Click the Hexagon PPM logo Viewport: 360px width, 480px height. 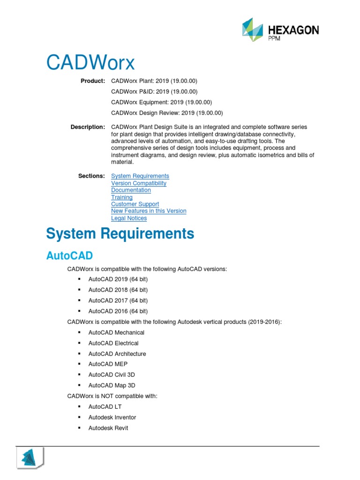[280, 30]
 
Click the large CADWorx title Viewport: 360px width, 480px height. [90, 63]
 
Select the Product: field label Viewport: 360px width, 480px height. [93, 81]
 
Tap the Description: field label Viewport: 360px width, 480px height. [88, 127]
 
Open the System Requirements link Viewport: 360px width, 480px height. [140, 176]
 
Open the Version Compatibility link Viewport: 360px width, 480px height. [139, 183]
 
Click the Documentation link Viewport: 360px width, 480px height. [131, 190]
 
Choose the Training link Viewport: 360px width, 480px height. [122, 197]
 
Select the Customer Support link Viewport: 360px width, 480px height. [135, 204]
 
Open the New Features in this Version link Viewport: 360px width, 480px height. [149, 211]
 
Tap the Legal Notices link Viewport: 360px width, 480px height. [129, 218]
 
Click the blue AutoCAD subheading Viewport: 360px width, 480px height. [69, 255]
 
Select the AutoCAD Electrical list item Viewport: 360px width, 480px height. [113, 343]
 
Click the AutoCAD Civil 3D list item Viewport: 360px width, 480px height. [112, 375]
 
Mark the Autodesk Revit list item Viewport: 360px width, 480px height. [108, 428]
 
